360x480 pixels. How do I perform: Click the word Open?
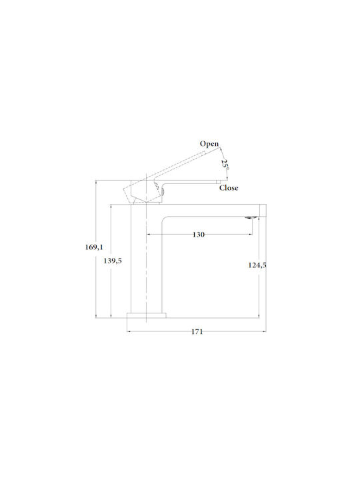209,144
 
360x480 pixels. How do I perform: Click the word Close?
229,187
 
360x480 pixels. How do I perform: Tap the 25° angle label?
225,165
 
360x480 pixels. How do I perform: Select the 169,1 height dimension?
94,247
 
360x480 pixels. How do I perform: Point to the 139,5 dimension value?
113,261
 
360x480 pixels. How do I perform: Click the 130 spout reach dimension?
199,235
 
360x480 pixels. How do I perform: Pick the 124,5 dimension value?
257,265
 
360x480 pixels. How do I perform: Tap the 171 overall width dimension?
197,331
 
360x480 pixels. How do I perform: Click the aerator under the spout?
251,217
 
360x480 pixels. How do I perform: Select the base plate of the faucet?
147,315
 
